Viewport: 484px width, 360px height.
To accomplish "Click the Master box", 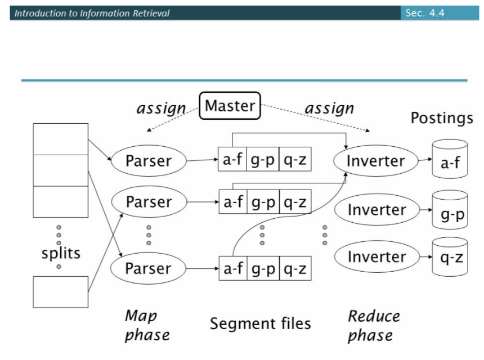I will pos(230,106).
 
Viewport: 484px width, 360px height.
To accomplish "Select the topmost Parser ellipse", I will pos(149,161).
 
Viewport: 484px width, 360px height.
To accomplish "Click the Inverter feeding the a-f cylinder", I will pos(375,161).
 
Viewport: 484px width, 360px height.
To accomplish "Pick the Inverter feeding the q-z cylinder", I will pos(375,257).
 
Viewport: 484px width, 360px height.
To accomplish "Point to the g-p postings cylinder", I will pos(450,210).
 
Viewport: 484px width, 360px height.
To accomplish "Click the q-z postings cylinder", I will pos(450,258).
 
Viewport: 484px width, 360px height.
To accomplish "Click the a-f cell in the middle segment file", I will pos(232,202).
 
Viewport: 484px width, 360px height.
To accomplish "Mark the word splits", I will pos(61,253).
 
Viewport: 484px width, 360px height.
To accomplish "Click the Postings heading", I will pos(441,118).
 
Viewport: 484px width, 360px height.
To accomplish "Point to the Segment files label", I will pos(260,323).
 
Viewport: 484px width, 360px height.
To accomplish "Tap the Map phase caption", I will pos(146,325).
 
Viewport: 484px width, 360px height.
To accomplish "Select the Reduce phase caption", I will pos(373,325).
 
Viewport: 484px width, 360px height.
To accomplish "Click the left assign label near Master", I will pos(161,108).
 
